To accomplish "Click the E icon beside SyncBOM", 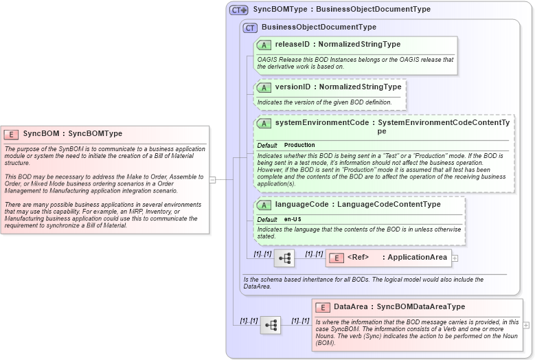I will click(x=11, y=134).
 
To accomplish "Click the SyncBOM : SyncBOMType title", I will click(x=72, y=134).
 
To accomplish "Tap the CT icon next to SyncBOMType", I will click(x=238, y=10).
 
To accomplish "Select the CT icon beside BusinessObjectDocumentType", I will click(x=250, y=27).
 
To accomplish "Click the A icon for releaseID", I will click(x=264, y=45).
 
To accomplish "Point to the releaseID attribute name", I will click(x=292, y=45).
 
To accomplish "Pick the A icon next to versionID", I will click(x=264, y=87).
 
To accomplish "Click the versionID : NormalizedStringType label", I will click(x=338, y=87).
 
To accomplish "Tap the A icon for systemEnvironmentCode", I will click(x=264, y=123).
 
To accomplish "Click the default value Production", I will click(x=299, y=146).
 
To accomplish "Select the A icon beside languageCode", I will click(x=264, y=205).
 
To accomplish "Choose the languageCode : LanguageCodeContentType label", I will click(x=358, y=205).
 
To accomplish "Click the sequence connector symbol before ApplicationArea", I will click(x=284, y=258).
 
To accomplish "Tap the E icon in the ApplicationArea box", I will click(x=337, y=258).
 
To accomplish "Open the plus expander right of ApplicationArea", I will click(x=455, y=258).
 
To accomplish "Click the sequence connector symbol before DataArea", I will click(x=270, y=325).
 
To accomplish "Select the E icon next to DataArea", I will click(x=323, y=307).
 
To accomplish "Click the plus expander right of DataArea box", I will click(x=526, y=325).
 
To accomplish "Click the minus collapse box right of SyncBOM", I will click(x=213, y=179).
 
